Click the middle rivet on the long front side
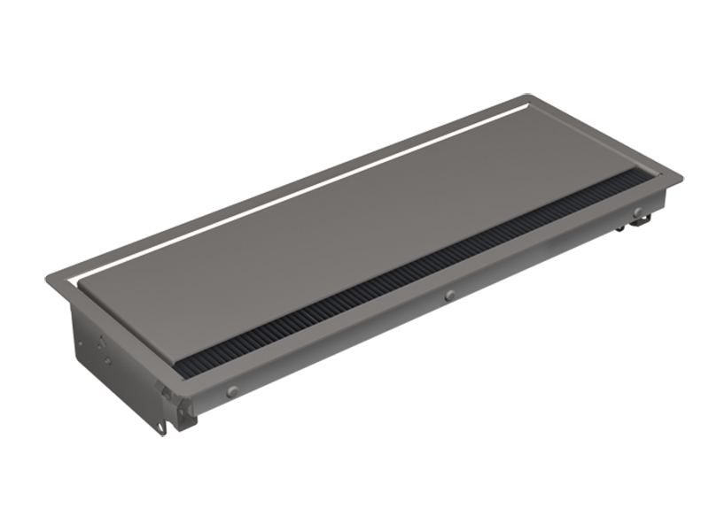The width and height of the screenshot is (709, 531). [450, 294]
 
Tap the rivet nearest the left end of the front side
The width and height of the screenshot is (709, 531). [232, 390]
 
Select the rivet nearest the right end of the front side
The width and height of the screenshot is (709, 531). [636, 211]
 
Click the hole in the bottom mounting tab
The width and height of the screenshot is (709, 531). [163, 428]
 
